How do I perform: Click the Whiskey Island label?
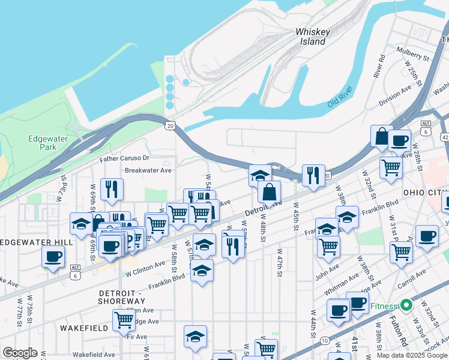click(x=310, y=37)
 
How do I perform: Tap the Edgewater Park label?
click(x=42, y=142)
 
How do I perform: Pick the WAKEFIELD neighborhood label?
click(x=83, y=328)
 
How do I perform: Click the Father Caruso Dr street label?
click(x=124, y=159)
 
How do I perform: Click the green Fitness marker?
click(x=406, y=306)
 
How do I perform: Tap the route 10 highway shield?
click(x=324, y=340)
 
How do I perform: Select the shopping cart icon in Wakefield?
click(x=124, y=320)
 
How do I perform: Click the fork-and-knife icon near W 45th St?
click(x=313, y=175)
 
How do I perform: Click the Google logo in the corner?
click(x=19, y=353)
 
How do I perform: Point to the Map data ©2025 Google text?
click(x=412, y=355)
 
